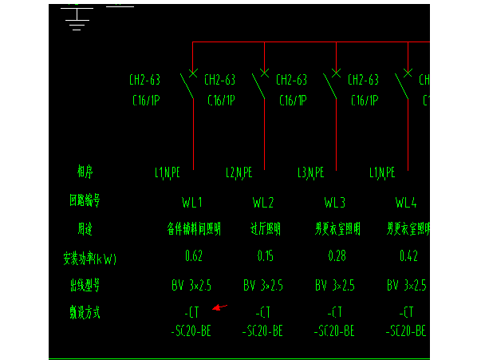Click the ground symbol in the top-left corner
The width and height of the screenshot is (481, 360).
[x=77, y=18]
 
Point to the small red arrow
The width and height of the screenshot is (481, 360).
[x=221, y=307]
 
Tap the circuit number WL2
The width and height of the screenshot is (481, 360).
[x=263, y=202]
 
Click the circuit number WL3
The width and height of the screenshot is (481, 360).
[x=335, y=202]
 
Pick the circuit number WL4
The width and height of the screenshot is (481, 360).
[x=406, y=202]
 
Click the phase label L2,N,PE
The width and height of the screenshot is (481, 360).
[x=239, y=172]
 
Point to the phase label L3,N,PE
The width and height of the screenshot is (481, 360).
[x=310, y=172]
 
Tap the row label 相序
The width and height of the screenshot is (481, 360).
[x=85, y=172]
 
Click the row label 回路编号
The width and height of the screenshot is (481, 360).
[x=85, y=202]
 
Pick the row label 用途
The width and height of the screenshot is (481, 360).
[x=85, y=230]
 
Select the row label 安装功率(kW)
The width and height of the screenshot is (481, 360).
[x=89, y=258]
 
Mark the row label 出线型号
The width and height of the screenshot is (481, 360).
[x=85, y=285]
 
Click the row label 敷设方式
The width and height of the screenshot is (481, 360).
[x=85, y=313]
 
